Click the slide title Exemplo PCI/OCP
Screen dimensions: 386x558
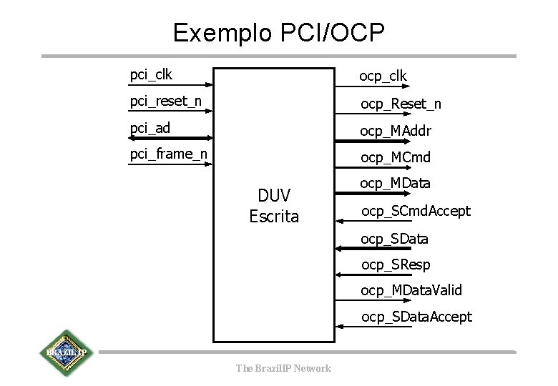point(279,32)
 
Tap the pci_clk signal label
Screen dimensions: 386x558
point(151,74)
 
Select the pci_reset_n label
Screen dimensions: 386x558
point(165,101)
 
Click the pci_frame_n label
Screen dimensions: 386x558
point(169,154)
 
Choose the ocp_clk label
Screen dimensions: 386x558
point(383,75)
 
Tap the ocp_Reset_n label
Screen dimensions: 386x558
point(401,104)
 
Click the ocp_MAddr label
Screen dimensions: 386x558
point(396,131)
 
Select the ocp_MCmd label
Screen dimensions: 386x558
point(395,157)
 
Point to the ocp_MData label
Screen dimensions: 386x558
point(395,184)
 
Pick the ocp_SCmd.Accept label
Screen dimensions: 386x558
point(416,211)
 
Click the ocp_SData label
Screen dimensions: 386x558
point(394,238)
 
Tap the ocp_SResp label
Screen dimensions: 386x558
point(396,264)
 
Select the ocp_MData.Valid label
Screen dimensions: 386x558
point(411,290)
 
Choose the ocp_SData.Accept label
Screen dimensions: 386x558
point(416,317)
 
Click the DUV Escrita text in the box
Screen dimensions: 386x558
point(274,206)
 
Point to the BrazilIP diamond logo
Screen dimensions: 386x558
point(67,353)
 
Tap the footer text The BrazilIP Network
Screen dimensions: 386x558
point(283,368)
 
